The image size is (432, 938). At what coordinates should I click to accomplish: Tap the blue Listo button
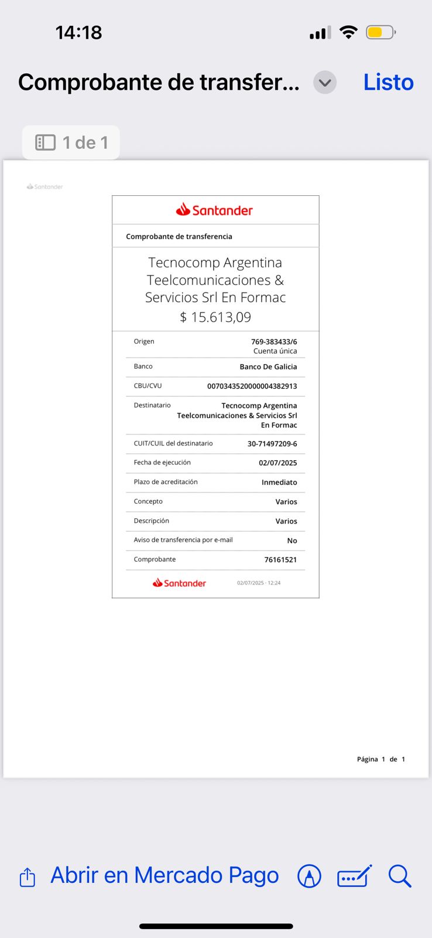pos(388,83)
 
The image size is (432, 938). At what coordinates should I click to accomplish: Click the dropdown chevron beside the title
pos(325,83)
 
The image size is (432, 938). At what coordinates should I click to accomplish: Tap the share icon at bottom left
pos(28,877)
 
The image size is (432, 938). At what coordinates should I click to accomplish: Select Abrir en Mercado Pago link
pos(164,875)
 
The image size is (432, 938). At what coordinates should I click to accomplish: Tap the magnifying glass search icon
pos(400,876)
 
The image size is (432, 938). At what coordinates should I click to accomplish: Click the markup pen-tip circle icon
pos(309,876)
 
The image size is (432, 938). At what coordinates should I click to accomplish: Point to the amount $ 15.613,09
pos(215,317)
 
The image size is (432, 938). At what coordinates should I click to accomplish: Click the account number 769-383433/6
pos(274,342)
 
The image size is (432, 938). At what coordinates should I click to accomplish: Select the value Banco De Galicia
pos(268,367)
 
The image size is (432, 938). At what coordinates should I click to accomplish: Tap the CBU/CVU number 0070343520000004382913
pos(252,386)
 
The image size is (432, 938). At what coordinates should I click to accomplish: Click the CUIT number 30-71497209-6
pos(272,444)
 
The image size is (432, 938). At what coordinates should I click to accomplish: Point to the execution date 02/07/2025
pos(277,463)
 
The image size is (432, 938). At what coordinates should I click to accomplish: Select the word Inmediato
pos(279,482)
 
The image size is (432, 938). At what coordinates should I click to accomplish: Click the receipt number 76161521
pos(280,560)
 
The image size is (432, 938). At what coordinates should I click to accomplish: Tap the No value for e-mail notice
pos(292,541)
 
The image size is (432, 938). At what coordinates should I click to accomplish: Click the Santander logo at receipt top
pos(215,210)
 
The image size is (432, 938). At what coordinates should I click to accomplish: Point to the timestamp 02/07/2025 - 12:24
pos(259,583)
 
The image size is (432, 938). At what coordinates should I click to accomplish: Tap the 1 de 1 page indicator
pos(71,142)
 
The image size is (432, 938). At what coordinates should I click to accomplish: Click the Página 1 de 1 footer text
pos(381,759)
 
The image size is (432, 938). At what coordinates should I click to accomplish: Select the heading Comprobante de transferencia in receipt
pos(179,237)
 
